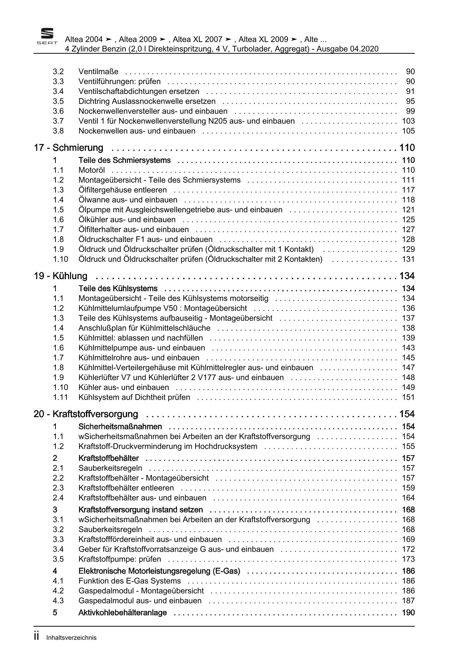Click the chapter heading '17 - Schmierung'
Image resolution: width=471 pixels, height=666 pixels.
[x=68, y=148]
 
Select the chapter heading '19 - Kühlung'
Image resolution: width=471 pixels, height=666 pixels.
[x=60, y=276]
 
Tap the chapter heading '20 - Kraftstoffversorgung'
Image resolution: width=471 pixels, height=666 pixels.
[x=86, y=414]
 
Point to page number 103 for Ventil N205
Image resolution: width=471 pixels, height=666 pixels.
[x=408, y=121]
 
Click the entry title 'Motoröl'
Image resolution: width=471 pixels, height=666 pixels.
[x=92, y=170]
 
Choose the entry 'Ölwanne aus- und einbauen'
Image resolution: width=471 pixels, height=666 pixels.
[x=128, y=200]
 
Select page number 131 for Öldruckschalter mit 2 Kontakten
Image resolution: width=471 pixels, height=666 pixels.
[x=408, y=259]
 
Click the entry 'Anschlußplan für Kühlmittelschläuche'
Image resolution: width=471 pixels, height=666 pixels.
[x=144, y=328]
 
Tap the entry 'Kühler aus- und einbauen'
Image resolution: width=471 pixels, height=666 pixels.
[x=123, y=388]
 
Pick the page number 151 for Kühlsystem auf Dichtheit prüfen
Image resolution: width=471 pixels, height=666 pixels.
[x=408, y=397]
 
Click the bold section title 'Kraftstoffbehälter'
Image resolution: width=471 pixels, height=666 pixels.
[x=108, y=458]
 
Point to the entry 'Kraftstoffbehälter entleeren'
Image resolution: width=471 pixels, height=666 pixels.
[x=126, y=488]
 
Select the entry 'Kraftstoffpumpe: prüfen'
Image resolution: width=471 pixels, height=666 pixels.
[x=120, y=559]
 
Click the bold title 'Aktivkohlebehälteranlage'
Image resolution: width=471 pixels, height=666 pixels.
[x=122, y=613]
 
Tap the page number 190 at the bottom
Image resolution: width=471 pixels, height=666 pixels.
[x=408, y=613]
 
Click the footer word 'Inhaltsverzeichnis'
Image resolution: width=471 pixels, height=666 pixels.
[x=71, y=638]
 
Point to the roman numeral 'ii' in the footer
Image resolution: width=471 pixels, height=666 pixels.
[x=36, y=637]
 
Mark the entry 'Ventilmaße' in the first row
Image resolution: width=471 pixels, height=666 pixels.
[x=98, y=71]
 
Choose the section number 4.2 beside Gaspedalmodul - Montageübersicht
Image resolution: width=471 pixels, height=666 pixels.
[x=58, y=591]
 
